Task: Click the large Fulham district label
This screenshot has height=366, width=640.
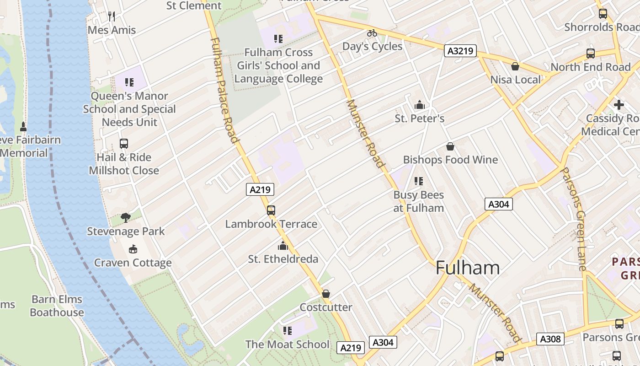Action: (x=467, y=268)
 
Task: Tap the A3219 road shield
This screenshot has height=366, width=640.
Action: (x=460, y=51)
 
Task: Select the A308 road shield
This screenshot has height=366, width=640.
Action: (x=550, y=339)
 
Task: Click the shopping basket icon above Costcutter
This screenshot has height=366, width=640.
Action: (x=326, y=294)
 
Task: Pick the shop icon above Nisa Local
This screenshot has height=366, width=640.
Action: (x=515, y=66)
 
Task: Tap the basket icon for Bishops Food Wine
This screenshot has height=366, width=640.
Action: (x=450, y=146)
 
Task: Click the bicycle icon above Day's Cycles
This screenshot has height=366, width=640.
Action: (x=372, y=33)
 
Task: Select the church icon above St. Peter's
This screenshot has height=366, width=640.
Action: (x=419, y=105)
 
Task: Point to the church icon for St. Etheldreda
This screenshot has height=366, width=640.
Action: (x=283, y=246)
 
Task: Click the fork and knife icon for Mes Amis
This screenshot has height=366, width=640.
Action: (x=112, y=16)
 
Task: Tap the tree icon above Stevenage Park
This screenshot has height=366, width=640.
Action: (x=126, y=218)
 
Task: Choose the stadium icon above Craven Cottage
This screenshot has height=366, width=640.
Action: (x=133, y=249)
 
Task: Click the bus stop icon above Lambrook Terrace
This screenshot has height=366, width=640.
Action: (x=271, y=210)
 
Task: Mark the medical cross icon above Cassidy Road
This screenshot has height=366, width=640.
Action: (x=619, y=105)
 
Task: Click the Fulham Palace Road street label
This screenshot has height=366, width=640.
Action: (x=224, y=90)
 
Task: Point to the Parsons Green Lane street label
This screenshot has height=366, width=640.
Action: (x=573, y=219)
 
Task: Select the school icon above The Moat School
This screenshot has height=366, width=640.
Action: (x=287, y=330)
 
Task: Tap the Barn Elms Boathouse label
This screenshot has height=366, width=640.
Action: (x=57, y=306)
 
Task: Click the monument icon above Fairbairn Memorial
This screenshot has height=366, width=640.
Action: (x=23, y=126)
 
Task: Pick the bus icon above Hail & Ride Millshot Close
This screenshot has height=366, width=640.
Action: (x=123, y=144)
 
